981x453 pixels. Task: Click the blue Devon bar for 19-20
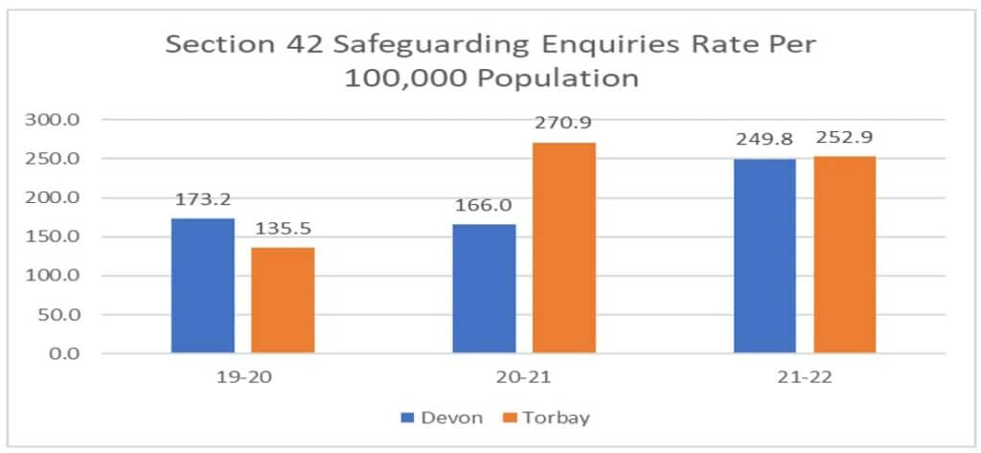(202, 285)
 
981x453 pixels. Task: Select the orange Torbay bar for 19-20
(283, 300)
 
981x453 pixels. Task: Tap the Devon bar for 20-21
(484, 288)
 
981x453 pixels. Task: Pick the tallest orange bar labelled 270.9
(563, 248)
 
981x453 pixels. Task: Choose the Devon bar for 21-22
(764, 256)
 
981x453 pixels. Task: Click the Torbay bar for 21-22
(844, 255)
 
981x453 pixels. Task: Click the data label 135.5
(283, 231)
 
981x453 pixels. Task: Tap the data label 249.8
(764, 141)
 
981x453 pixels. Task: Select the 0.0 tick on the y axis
(73, 353)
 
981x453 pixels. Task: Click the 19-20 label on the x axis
(242, 378)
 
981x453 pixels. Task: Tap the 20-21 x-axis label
(524, 378)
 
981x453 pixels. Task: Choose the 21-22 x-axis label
(805, 378)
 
